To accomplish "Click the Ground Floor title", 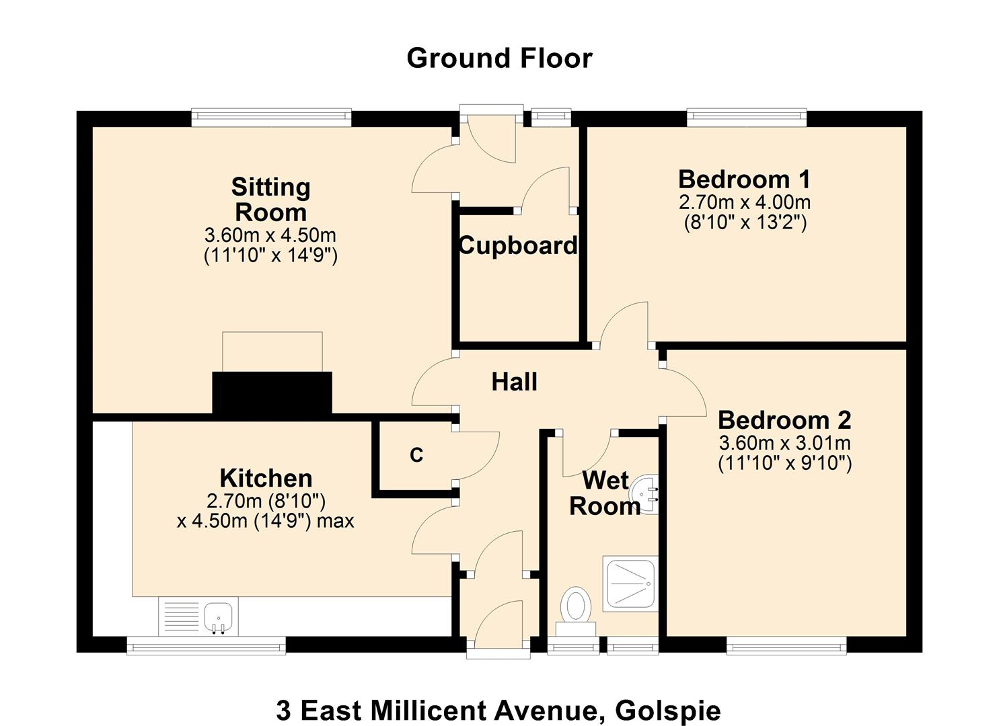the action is [x=499, y=58].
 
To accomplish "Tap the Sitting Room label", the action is [x=270, y=200].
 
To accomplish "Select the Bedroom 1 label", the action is [x=744, y=179].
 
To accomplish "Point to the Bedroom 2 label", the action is [x=784, y=420].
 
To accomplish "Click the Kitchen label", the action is [x=266, y=478].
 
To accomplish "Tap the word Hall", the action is [x=514, y=382].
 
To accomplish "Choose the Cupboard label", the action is [x=518, y=245].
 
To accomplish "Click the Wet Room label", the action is [x=605, y=493].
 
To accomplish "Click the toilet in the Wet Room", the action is [x=577, y=612].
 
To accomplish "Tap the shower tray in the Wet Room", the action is [x=630, y=583].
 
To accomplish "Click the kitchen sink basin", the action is [x=218, y=617].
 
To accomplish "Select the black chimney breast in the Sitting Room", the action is [x=272, y=394].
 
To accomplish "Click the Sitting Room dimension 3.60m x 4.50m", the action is [x=270, y=235].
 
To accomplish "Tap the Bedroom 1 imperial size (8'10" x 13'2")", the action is [x=745, y=222].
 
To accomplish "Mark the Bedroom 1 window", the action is [x=747, y=118].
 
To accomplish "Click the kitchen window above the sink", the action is [x=206, y=645].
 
